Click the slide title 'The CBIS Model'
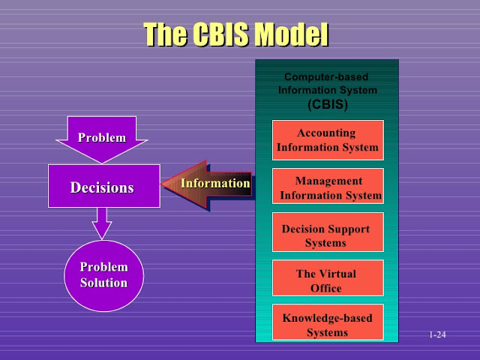coord(236,34)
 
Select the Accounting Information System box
coord(327,140)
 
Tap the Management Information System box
coord(328,187)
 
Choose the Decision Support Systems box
coord(327,234)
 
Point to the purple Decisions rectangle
coord(104,186)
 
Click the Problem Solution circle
coord(104,275)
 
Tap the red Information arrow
coord(207,184)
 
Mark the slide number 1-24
coord(437,334)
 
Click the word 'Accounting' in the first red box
coord(326,133)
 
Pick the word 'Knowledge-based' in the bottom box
coord(327,318)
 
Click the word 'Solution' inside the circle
coord(104,283)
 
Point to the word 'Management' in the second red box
coord(328,181)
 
